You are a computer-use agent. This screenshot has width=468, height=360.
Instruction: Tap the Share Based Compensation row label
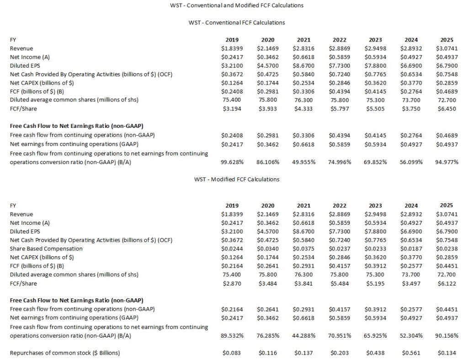coord(46,249)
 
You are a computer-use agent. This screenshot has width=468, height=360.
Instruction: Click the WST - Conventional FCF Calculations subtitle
coord(237,22)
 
